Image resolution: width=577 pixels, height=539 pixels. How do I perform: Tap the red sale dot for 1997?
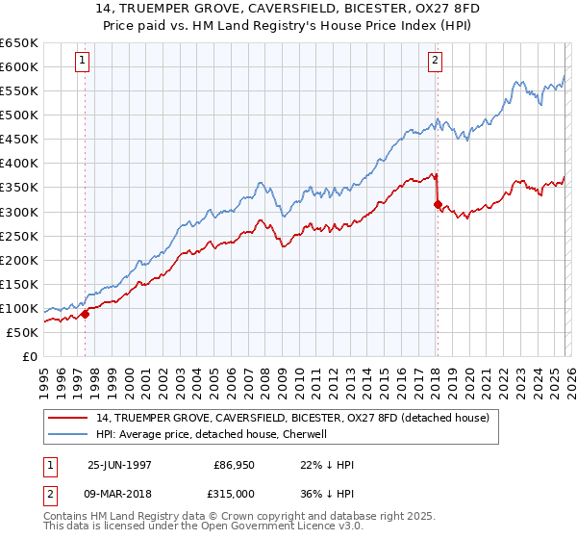tap(85, 313)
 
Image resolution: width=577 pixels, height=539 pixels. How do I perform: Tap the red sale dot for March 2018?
tap(438, 204)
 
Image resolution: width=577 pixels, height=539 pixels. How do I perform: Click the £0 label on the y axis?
tap(31, 356)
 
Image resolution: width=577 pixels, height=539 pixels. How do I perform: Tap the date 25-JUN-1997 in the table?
tap(119, 465)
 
